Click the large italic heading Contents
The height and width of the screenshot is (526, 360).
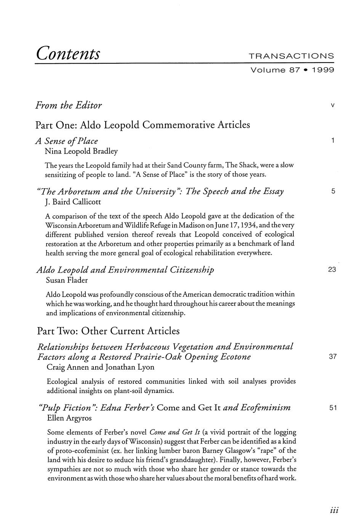click(x=69, y=53)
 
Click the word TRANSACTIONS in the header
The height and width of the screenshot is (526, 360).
click(x=291, y=56)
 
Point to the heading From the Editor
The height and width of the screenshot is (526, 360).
click(x=69, y=105)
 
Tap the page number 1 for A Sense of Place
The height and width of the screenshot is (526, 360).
click(x=333, y=141)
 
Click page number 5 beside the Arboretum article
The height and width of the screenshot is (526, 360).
click(x=333, y=191)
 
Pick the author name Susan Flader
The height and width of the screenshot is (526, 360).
click(x=67, y=280)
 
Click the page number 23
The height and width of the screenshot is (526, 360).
click(x=332, y=270)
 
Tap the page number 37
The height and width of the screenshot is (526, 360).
click(x=333, y=357)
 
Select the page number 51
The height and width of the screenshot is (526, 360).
click(x=333, y=408)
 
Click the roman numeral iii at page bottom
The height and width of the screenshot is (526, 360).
click(x=334, y=510)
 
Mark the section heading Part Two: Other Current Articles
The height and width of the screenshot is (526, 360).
click(x=108, y=330)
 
